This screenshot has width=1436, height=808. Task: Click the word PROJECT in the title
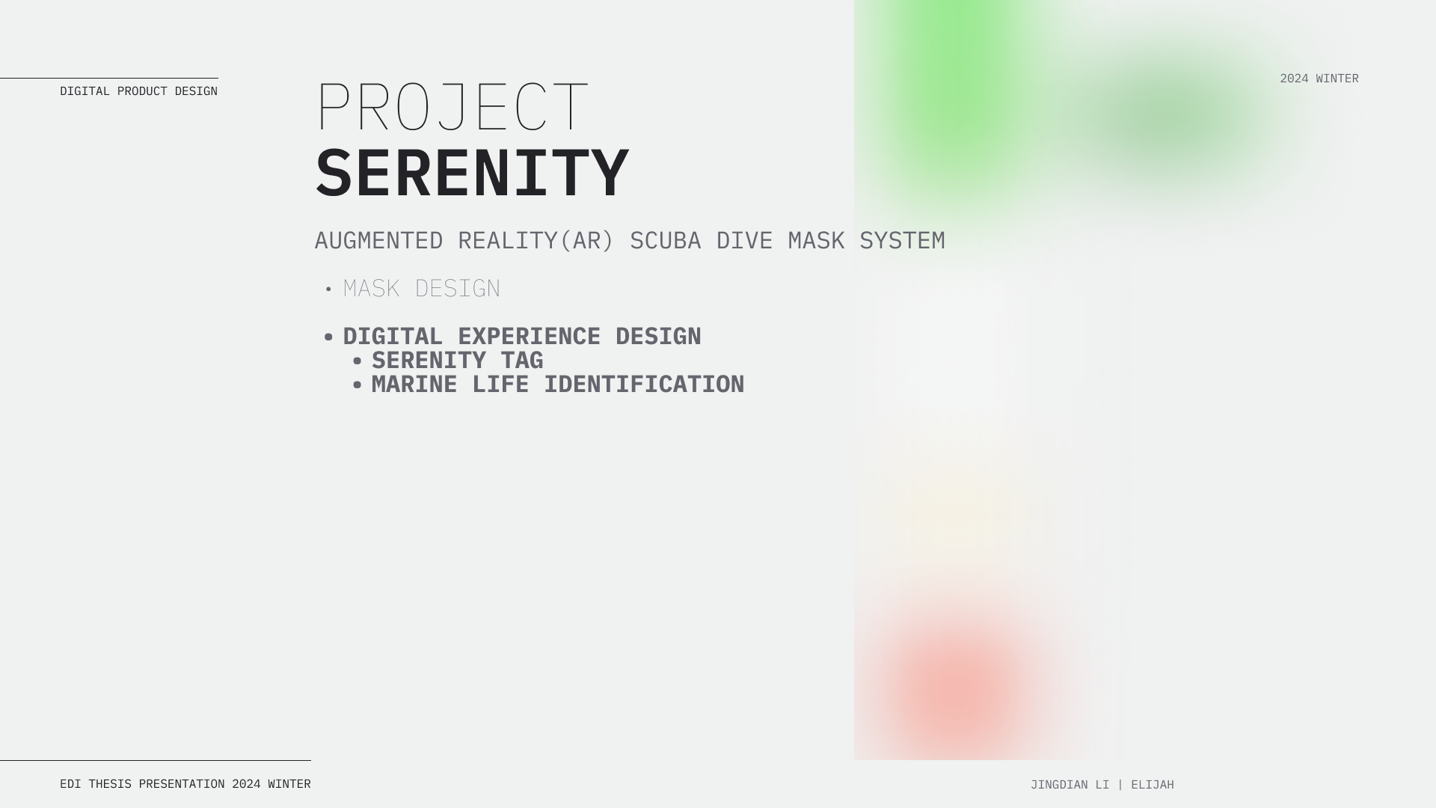452,107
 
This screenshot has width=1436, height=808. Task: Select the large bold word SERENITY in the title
472,173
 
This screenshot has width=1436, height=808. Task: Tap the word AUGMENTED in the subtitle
378,241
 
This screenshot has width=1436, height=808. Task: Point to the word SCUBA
665,241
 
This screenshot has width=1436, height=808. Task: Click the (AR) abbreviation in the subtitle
586,241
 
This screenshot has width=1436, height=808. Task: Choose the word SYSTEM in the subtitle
902,241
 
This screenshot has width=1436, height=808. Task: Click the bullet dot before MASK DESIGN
328,290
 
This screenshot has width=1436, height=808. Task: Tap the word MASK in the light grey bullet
371,289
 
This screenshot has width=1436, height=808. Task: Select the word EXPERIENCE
529,337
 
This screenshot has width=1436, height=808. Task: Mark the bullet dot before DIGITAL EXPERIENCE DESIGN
328,337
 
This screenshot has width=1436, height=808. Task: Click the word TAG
522,361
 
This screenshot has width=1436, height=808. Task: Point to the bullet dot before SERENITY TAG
357,361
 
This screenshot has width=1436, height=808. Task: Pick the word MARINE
414,385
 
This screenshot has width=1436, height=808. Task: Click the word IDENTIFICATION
644,385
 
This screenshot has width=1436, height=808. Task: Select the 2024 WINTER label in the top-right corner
1319,79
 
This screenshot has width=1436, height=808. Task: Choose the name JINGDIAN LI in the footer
1070,785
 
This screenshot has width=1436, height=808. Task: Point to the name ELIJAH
1153,785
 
